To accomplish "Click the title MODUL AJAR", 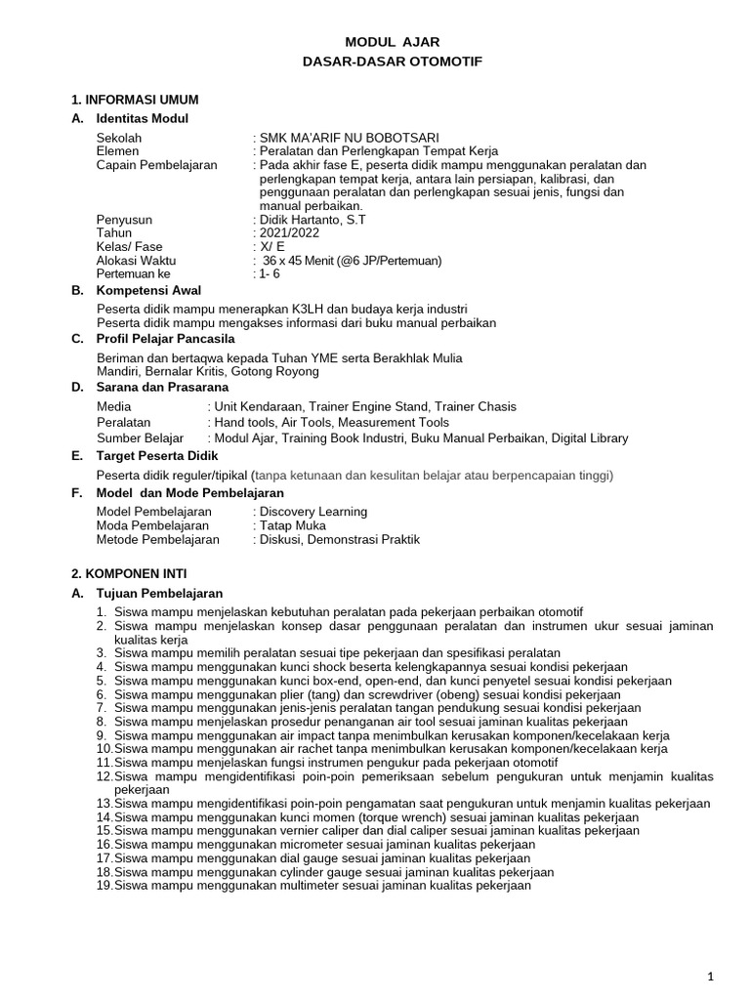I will [x=393, y=42].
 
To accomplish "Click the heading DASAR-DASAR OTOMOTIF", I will [x=393, y=62].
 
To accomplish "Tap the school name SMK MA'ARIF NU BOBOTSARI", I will [x=348, y=138].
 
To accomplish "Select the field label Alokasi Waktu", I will [x=137, y=261].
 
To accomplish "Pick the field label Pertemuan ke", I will [x=133, y=274].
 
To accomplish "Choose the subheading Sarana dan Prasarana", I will [x=169, y=387].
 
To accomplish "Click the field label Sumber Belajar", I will [x=141, y=437].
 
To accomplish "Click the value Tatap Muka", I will [x=292, y=525].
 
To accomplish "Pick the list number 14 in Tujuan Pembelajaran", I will [x=104, y=817].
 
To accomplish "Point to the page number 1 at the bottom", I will [x=711, y=976].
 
